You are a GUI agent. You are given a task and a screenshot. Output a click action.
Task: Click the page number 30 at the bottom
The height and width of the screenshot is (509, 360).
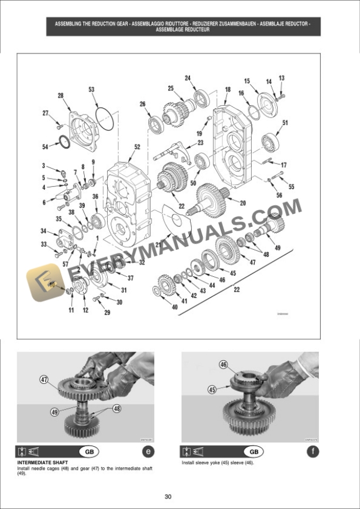point(168,497)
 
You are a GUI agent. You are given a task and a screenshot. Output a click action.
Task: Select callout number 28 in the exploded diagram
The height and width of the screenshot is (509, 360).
point(60,95)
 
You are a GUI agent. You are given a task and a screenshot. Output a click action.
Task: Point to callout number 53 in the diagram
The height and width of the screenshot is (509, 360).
point(91,89)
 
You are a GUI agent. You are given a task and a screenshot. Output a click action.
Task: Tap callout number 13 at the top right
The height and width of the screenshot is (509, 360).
point(281,78)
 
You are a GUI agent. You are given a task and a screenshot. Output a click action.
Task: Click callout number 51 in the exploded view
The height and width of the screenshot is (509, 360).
point(285,123)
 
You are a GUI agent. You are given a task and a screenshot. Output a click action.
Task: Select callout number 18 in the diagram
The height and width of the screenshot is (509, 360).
point(228,90)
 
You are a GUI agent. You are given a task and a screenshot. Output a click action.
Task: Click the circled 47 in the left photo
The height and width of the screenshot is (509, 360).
point(44,380)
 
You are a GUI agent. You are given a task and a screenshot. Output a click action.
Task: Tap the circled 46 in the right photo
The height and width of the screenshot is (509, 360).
point(224,365)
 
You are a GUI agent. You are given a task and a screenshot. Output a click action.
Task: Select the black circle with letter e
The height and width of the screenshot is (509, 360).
point(147,452)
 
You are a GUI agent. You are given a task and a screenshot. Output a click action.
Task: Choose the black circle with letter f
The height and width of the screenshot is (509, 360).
point(312,452)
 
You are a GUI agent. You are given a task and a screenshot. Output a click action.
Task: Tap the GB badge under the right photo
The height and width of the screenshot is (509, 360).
point(253,452)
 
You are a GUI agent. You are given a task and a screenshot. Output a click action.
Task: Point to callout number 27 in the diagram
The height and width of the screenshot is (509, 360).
point(45,113)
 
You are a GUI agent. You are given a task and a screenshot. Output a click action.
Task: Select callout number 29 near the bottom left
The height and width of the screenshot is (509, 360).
point(107,313)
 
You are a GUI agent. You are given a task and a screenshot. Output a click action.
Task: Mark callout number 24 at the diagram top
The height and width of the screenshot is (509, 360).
point(188,78)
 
